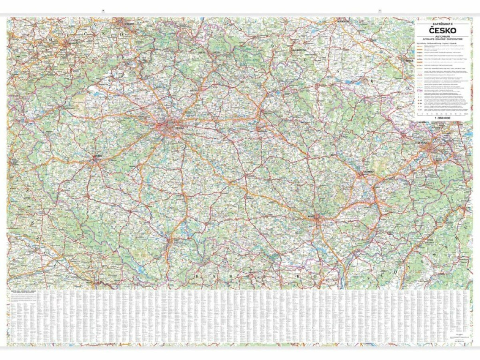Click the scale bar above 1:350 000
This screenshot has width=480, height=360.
(442, 114)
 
